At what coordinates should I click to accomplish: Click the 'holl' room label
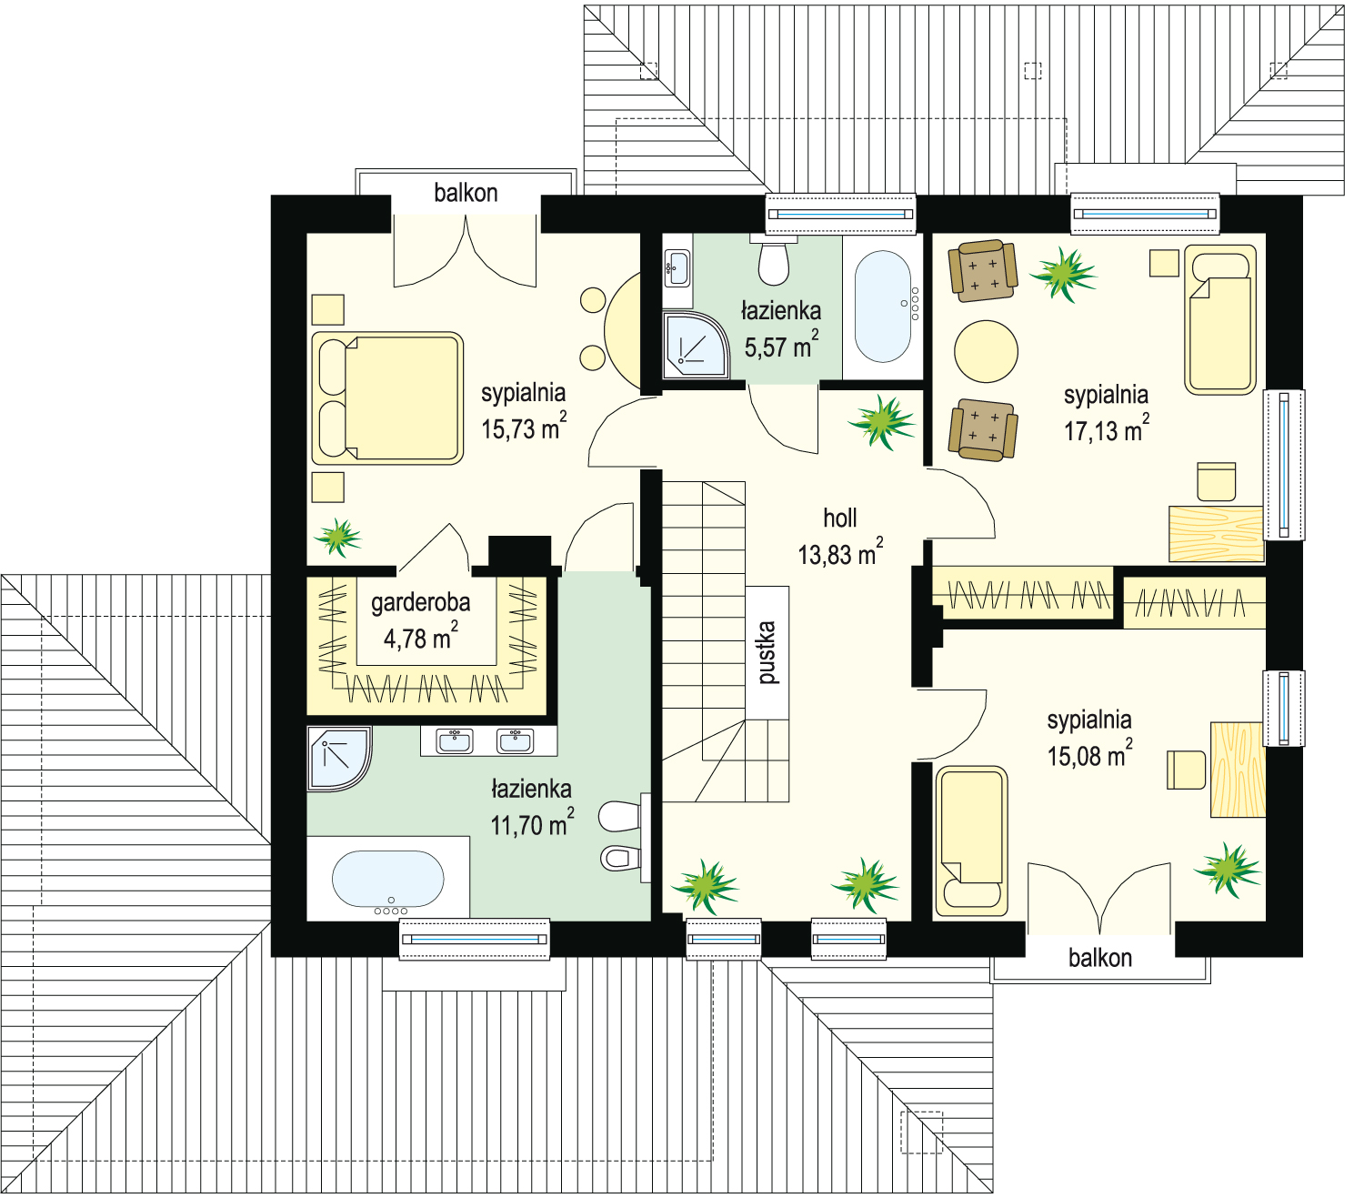pos(839,518)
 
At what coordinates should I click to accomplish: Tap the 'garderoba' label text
pos(420,603)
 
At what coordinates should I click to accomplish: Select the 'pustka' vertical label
pos(766,652)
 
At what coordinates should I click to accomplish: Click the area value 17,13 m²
pos(1106,429)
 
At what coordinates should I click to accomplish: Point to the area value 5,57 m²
pos(781,345)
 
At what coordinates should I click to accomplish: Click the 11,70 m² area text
pos(532,823)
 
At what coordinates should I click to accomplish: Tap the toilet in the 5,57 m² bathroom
pos(774,261)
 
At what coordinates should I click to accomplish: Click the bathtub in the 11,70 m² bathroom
pos(387,879)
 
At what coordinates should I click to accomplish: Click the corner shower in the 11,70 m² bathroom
pos(338,759)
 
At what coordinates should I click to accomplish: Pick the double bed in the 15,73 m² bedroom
pos(387,398)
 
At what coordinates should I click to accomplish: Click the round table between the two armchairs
pos(986,351)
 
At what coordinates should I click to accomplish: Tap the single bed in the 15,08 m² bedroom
pos(971,841)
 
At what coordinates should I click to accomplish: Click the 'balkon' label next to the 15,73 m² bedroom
pos(466,193)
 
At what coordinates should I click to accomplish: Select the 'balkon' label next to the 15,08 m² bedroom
pos(1100,958)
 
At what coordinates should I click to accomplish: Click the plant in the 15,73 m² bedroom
pos(338,537)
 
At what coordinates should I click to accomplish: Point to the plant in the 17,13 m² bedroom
pos(1063,274)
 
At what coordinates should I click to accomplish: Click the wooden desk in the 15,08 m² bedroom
pos(1238,770)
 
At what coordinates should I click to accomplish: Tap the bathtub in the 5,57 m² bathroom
pos(883,307)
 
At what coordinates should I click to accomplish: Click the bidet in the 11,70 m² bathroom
pos(620,858)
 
